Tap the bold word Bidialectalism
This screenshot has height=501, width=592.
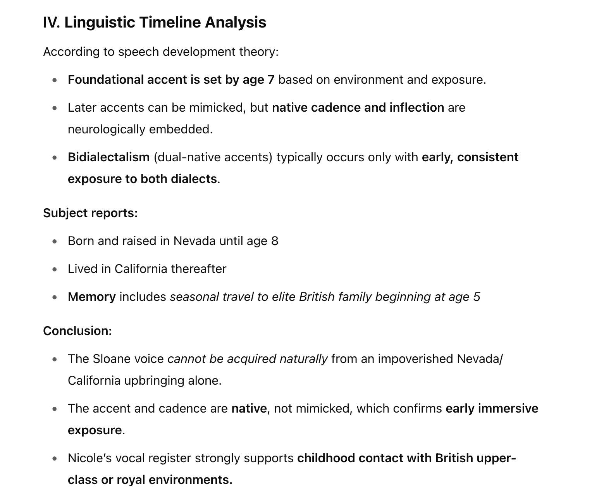108,157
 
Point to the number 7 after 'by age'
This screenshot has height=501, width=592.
271,79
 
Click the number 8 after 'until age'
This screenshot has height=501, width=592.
275,241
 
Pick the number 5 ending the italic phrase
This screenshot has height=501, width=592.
477,297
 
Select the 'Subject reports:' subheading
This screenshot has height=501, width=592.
90,213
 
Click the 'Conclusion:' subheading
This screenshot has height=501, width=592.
77,331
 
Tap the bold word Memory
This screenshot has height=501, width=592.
91,297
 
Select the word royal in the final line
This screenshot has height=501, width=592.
131,480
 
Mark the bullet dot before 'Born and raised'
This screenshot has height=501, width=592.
55,241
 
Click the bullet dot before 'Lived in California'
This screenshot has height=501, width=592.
55,269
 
